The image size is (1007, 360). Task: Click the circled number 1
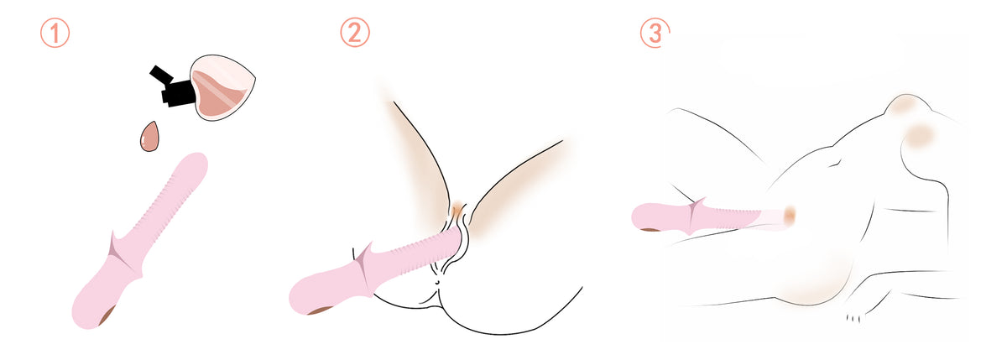55,34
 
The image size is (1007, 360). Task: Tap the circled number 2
355,33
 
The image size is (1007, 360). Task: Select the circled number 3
655,33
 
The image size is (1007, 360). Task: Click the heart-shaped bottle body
223,87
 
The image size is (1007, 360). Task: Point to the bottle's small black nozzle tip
159,74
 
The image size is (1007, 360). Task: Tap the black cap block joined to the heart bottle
180,94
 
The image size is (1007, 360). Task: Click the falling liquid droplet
149,136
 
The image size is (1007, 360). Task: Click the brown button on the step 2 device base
320,310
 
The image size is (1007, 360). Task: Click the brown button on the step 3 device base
650,229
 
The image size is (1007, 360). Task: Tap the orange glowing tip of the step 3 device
789,215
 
